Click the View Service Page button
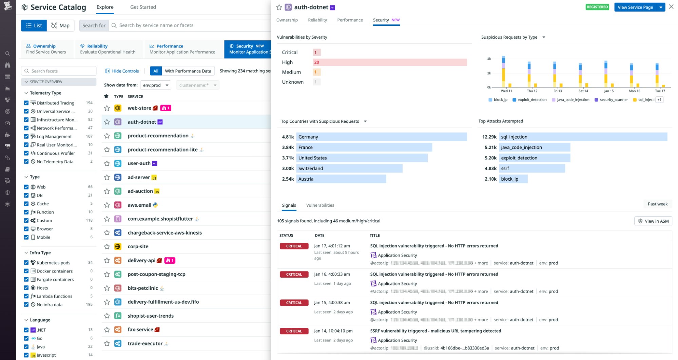pyautogui.click(x=635, y=7)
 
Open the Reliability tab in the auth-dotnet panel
pyautogui.click(x=317, y=20)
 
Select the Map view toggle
pyautogui.click(x=60, y=25)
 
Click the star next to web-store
pyautogui.click(x=107, y=108)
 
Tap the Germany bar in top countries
pyautogui.click(x=381, y=137)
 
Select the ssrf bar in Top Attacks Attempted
pyautogui.click(x=531, y=168)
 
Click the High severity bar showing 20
pyautogui.click(x=389, y=62)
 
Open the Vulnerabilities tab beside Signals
pyautogui.click(x=320, y=205)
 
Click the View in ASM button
pyautogui.click(x=653, y=221)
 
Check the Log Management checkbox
pyautogui.click(x=26, y=137)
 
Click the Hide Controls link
pyautogui.click(x=122, y=71)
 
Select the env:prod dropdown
pyautogui.click(x=156, y=85)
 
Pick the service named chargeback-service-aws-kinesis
pyautogui.click(x=164, y=233)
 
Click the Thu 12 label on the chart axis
pyautogui.click(x=532, y=91)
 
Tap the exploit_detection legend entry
pyautogui.click(x=532, y=100)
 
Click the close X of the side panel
pyautogui.click(x=671, y=7)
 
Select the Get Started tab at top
pyautogui.click(x=143, y=7)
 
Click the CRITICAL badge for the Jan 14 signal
pyautogui.click(x=294, y=331)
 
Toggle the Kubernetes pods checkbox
pyautogui.click(x=26, y=263)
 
